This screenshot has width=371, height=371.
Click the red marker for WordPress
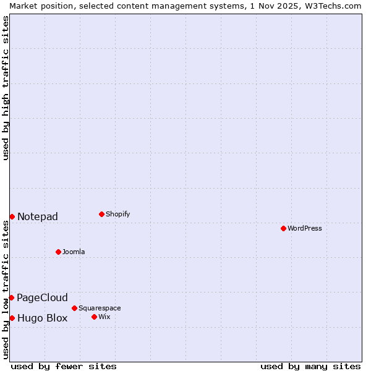(x=283, y=228)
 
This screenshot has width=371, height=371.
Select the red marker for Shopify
(x=101, y=215)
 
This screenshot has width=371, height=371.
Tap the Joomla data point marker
(x=58, y=252)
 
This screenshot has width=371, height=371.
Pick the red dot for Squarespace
(x=74, y=308)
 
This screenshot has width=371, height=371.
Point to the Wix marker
(x=94, y=317)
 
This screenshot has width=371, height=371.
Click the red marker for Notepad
(x=12, y=216)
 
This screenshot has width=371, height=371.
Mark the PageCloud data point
(x=11, y=297)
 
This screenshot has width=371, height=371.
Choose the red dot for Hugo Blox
(x=12, y=318)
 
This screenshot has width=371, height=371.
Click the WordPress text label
(x=305, y=228)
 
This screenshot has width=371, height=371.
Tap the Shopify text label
(x=118, y=215)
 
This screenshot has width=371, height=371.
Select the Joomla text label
(x=74, y=252)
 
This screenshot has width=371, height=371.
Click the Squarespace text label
(x=100, y=308)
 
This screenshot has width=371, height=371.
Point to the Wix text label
(x=104, y=317)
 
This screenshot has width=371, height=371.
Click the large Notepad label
(x=38, y=216)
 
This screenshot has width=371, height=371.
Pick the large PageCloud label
(x=42, y=297)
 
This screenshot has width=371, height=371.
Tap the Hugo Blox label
(x=42, y=318)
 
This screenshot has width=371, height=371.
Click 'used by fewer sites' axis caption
(x=64, y=366)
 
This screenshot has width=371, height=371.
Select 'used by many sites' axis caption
(x=310, y=366)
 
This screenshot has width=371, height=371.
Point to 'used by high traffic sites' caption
(x=6, y=88)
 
